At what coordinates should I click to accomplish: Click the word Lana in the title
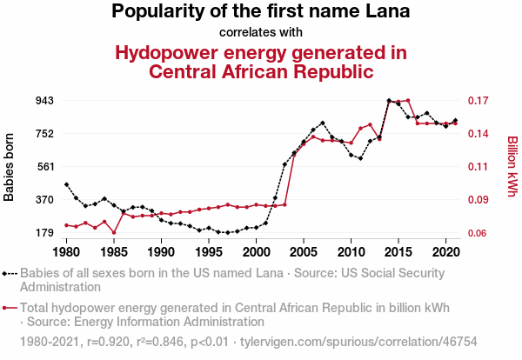pyautogui.click(x=384, y=12)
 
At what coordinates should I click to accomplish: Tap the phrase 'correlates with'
pyautogui.click(x=261, y=33)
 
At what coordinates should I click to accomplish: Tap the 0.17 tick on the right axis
pyautogui.click(x=480, y=101)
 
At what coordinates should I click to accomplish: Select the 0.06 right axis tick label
pyautogui.click(x=480, y=233)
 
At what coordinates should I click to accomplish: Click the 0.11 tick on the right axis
pyautogui.click(x=480, y=167)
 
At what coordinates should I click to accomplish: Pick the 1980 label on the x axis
pyautogui.click(x=66, y=252)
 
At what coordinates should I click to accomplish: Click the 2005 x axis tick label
pyautogui.click(x=304, y=252)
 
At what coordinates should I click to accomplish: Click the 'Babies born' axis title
pyautogui.click(x=10, y=167)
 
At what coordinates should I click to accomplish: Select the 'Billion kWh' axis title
pyautogui.click(x=512, y=167)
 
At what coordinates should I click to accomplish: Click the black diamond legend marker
pyautogui.click(x=10, y=273)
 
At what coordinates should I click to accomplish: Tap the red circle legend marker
pyautogui.click(x=10, y=308)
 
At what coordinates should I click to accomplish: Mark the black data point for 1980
pyautogui.click(x=66, y=184)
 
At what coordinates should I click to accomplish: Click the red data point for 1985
pyautogui.click(x=114, y=233)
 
